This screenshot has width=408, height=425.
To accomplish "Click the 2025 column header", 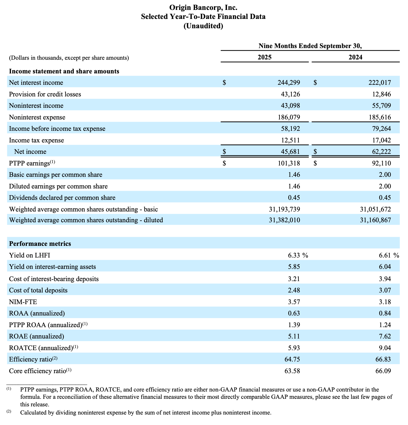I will click(x=264, y=57).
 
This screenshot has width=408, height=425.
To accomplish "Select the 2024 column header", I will click(x=355, y=57).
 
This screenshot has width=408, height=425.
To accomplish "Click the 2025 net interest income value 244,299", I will click(x=289, y=83).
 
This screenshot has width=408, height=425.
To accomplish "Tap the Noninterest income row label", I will click(x=36, y=106).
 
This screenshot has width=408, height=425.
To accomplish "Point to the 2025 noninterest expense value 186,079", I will click(x=289, y=117).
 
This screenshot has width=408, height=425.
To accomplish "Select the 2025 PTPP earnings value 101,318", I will click(x=289, y=163).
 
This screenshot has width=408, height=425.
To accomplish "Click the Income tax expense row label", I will click(x=36, y=140).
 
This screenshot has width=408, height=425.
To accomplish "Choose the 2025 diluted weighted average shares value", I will click(x=284, y=220).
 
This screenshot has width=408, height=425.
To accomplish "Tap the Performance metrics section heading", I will click(x=40, y=244).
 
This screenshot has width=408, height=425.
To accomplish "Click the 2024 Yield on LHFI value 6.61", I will click(x=385, y=255).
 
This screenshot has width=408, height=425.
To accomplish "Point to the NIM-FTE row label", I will click(x=23, y=302).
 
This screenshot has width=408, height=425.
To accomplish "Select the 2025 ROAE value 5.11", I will click(x=294, y=336).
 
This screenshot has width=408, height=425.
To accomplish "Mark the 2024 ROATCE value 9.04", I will click(x=385, y=348).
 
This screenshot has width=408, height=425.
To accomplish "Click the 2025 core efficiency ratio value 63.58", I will click(x=292, y=371).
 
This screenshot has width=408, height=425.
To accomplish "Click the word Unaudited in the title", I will click(x=203, y=26).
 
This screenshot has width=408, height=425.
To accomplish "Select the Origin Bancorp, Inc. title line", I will click(x=203, y=8).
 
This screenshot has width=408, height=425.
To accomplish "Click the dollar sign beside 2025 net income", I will click(x=224, y=152).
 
